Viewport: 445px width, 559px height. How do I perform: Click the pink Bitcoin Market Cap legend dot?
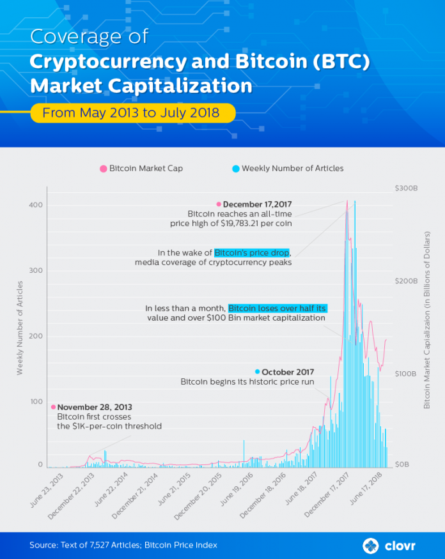103,169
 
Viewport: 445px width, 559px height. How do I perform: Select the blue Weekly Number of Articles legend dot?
235,169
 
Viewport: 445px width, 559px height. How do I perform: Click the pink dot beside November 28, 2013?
53,407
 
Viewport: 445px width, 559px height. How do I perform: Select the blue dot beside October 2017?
257,372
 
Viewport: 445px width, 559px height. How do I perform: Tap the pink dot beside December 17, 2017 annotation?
219,204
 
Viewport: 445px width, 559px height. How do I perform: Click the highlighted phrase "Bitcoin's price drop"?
252,252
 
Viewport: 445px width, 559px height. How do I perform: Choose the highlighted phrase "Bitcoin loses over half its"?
277,308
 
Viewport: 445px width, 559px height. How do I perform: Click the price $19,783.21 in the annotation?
247,224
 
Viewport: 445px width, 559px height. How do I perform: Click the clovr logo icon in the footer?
370,546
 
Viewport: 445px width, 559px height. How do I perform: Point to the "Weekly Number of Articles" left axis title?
20,327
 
